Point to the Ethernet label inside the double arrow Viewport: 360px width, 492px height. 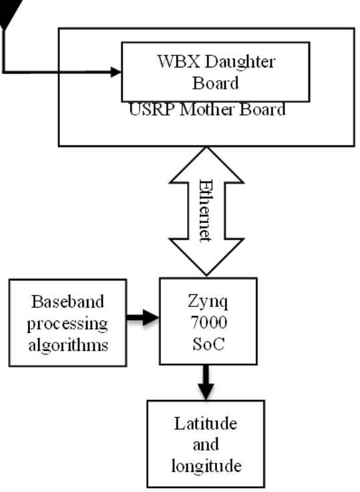(x=205, y=211)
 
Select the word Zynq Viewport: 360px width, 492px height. (x=208, y=302)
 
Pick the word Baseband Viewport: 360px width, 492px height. (x=67, y=302)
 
